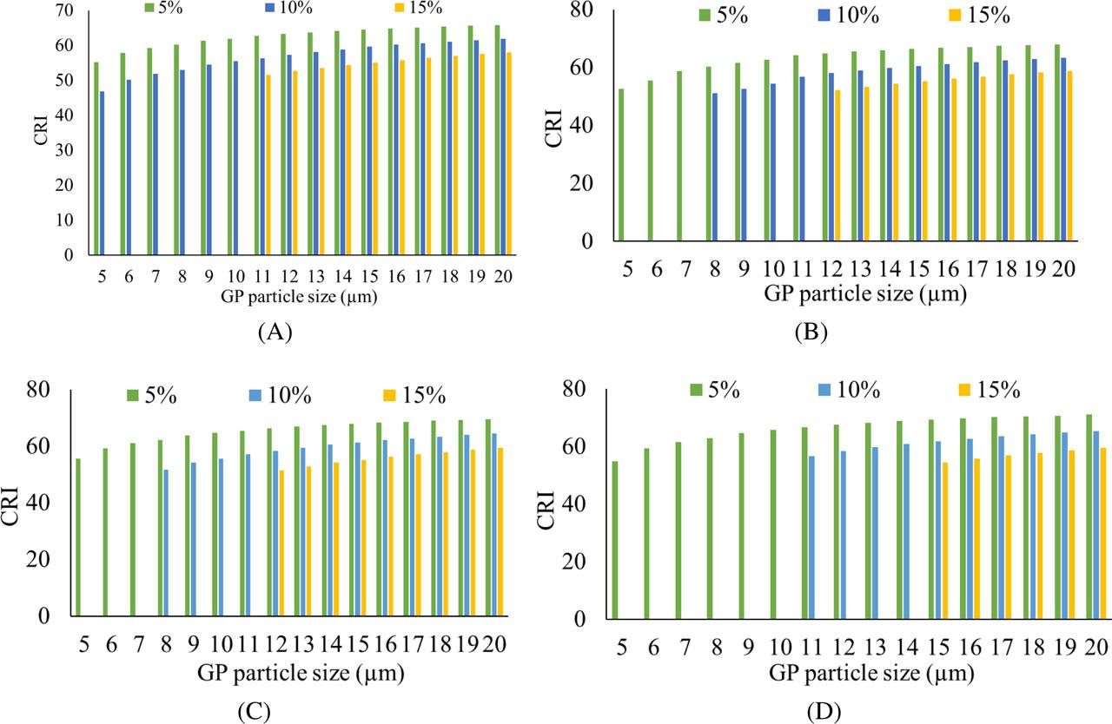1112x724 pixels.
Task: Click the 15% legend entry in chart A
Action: click(420, 9)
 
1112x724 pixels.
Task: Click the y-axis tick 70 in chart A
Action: click(67, 10)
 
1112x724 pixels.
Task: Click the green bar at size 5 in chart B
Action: click(621, 165)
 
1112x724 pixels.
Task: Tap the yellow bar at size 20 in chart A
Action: click(509, 154)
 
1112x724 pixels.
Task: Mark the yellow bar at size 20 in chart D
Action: click(1104, 534)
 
